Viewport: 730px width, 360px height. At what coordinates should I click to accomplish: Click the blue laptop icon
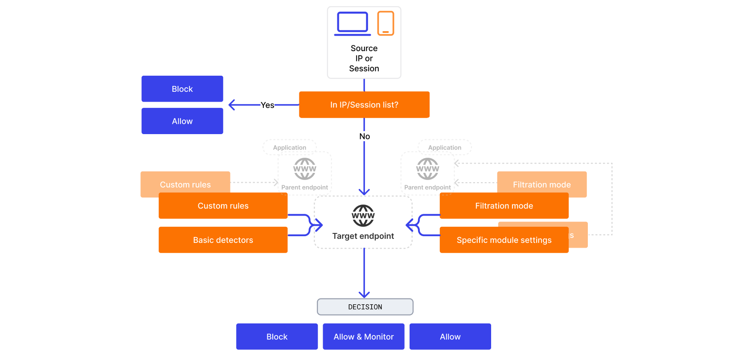click(x=353, y=24)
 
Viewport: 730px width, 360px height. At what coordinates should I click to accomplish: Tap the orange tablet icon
click(x=386, y=23)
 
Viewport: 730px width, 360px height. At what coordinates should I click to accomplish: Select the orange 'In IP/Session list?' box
click(x=364, y=105)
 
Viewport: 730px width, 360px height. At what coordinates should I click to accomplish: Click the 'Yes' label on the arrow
click(x=267, y=105)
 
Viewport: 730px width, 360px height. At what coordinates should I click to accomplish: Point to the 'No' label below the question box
click(x=365, y=136)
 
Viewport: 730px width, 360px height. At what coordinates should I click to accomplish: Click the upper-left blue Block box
click(x=182, y=89)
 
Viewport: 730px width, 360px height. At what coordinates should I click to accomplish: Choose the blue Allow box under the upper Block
click(x=182, y=121)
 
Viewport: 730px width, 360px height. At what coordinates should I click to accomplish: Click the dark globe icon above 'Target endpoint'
click(x=363, y=216)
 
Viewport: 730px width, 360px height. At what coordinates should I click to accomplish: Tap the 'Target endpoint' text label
click(x=363, y=236)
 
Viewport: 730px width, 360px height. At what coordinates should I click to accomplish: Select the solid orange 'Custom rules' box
click(x=223, y=206)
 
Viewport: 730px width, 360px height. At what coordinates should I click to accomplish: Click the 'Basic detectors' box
click(x=223, y=240)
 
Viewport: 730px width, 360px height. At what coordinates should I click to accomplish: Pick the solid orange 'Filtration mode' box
click(x=504, y=206)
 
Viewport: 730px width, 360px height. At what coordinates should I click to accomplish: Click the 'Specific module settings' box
click(x=504, y=240)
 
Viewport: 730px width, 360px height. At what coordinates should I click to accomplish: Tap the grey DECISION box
click(x=365, y=307)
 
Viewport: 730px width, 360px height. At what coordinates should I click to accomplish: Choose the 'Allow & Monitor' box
click(x=364, y=337)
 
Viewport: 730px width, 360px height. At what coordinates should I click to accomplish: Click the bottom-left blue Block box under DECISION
click(x=277, y=337)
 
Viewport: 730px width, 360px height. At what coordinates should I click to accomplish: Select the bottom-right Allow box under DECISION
click(x=450, y=337)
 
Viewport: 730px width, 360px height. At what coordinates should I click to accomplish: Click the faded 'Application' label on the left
click(x=290, y=147)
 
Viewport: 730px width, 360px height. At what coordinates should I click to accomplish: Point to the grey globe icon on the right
click(x=427, y=169)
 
